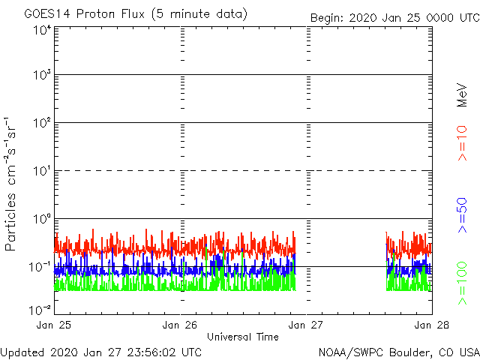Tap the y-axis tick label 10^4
point(42,30)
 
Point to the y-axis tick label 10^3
point(42,76)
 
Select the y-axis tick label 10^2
point(42,124)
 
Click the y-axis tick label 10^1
point(42,172)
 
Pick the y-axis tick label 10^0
point(42,220)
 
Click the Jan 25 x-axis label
point(54,325)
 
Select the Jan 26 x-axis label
point(180,325)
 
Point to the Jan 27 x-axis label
point(305,325)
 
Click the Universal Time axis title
point(242,337)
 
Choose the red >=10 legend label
point(463,142)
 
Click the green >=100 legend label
point(463,282)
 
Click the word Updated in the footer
point(22,351)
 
